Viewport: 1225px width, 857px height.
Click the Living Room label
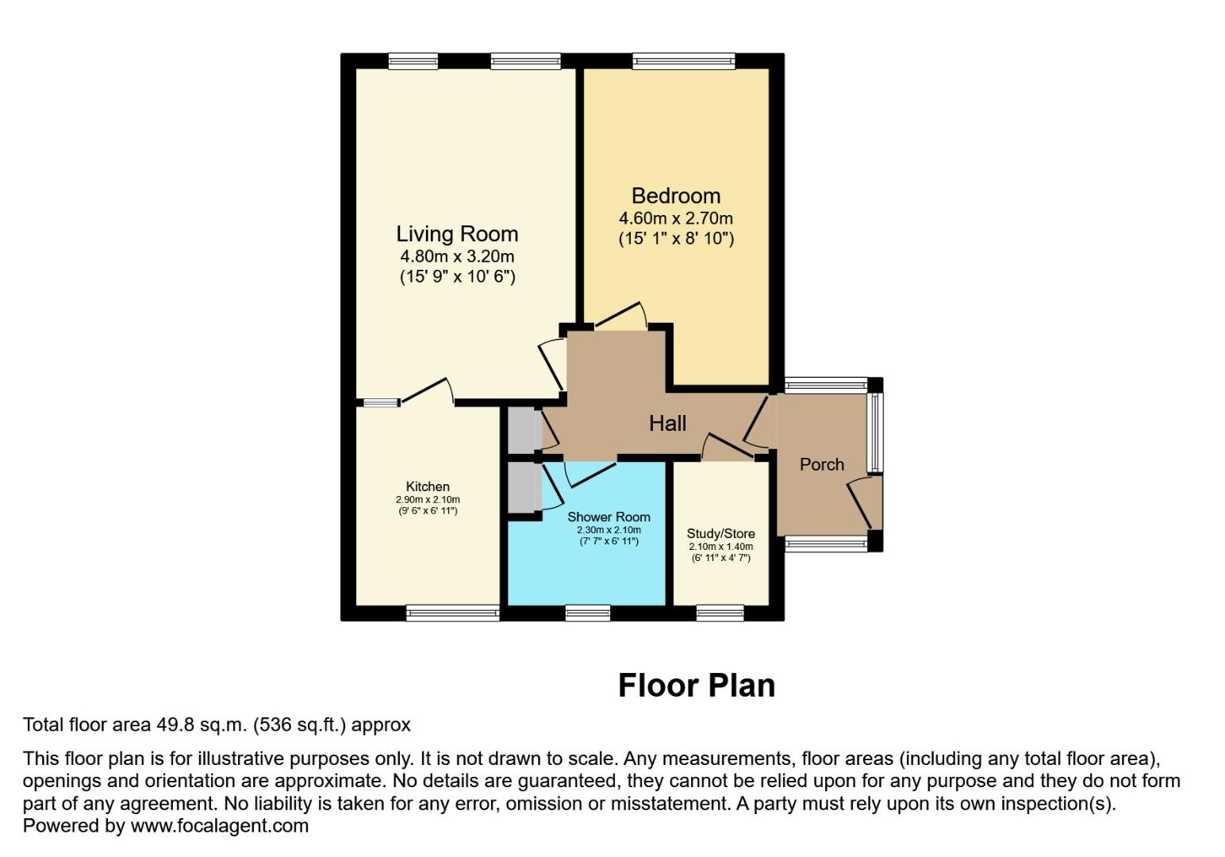tap(457, 234)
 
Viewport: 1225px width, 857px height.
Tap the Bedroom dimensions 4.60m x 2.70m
tap(676, 218)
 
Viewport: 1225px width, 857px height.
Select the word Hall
tap(667, 424)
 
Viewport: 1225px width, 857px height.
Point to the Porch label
tap(821, 464)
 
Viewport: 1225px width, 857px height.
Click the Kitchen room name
tap(428, 486)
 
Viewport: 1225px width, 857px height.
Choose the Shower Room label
tap(609, 517)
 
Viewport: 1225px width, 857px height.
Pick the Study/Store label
tap(720, 533)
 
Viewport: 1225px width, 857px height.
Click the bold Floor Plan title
tap(696, 686)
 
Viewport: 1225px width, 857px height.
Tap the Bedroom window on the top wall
tap(683, 61)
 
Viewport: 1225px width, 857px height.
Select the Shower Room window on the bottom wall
tap(588, 613)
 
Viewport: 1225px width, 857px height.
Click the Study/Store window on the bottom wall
tap(720, 613)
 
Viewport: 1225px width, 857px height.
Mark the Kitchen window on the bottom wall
tap(452, 613)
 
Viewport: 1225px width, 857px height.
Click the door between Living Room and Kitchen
tap(427, 390)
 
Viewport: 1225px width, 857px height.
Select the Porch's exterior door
tap(862, 502)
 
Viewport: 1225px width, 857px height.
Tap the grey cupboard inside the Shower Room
tap(522, 487)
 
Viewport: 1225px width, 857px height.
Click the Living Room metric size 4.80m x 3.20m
tap(457, 256)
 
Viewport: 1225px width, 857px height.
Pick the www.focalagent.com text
tap(219, 825)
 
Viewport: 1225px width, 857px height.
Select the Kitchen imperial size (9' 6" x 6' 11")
tap(428, 511)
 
